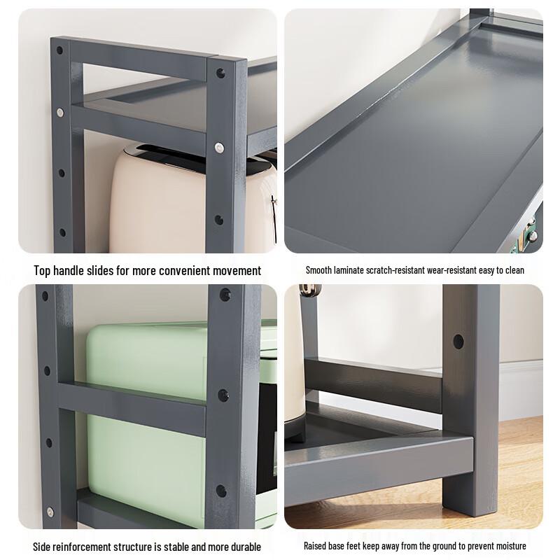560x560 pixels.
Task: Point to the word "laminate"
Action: pyautogui.click(x=348, y=270)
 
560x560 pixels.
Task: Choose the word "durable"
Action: pyautogui.click(x=244, y=547)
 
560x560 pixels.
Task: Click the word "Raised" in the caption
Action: pyautogui.click(x=314, y=546)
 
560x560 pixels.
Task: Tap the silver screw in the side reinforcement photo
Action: pyautogui.click(x=50, y=512)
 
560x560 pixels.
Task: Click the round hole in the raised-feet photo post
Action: pyautogui.click(x=458, y=342)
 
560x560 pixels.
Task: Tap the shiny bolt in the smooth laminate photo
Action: pyautogui.click(x=533, y=235)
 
